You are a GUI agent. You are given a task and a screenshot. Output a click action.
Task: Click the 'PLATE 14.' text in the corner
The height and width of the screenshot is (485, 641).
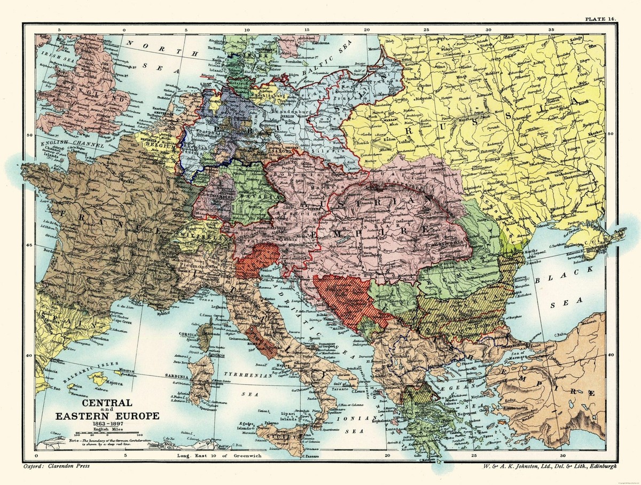click(x=600, y=19)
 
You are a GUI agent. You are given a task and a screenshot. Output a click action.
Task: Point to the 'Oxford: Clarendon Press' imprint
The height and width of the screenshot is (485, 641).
click(x=57, y=466)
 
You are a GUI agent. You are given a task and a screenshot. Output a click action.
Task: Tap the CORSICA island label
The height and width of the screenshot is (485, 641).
click(x=189, y=332)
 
